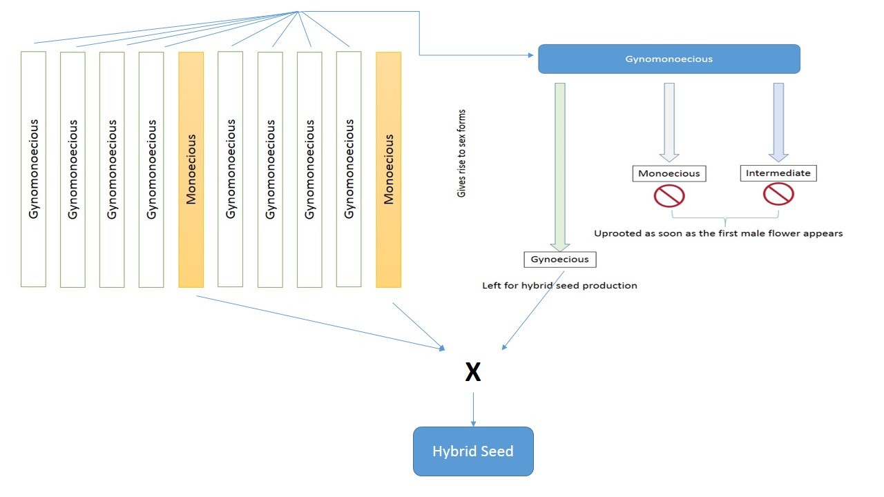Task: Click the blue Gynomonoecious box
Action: point(669,59)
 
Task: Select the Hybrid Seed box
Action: point(473,451)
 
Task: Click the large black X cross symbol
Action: point(472,373)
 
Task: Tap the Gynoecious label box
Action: point(559,260)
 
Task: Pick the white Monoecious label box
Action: point(669,173)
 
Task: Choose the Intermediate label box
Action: point(778,173)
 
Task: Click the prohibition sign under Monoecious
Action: point(669,196)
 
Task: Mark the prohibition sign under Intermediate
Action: point(778,194)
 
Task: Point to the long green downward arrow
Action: point(560,166)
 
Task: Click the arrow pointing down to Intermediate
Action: point(778,121)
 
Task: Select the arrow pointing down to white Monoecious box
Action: point(669,121)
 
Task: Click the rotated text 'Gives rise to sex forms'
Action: point(461,153)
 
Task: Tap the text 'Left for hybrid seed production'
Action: point(559,285)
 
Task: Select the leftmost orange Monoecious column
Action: point(191,169)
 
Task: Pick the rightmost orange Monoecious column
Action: point(389,169)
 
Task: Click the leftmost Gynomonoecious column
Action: point(34,169)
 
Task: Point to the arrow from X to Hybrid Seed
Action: point(473,409)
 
